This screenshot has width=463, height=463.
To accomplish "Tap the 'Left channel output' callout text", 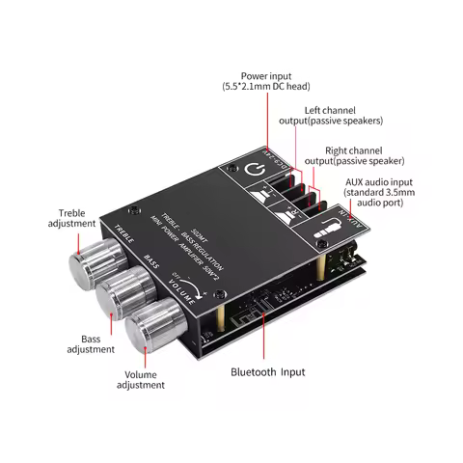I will (343, 115).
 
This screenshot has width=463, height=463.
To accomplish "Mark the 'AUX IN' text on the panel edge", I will (352, 219).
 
